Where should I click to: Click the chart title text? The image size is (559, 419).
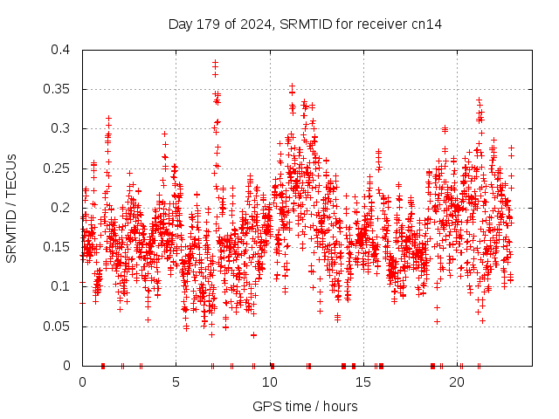305,24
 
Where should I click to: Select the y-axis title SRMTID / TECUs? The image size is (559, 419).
11,208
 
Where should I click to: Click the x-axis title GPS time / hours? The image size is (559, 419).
304,406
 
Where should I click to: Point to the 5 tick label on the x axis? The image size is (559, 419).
176,381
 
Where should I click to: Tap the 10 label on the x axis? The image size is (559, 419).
270,381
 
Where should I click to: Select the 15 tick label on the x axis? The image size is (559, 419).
363,381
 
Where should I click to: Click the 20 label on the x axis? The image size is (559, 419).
458,381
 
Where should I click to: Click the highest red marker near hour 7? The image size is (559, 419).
215,62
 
